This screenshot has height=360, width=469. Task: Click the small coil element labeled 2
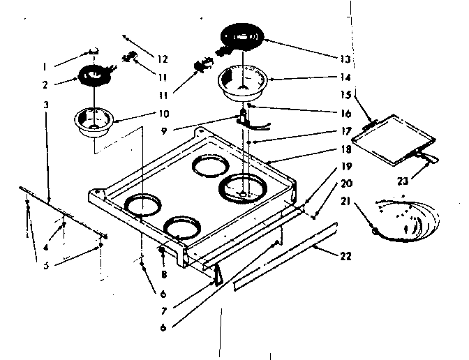point(93,74)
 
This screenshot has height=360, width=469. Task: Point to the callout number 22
point(345,255)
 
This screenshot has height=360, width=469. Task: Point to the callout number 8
point(162,266)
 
